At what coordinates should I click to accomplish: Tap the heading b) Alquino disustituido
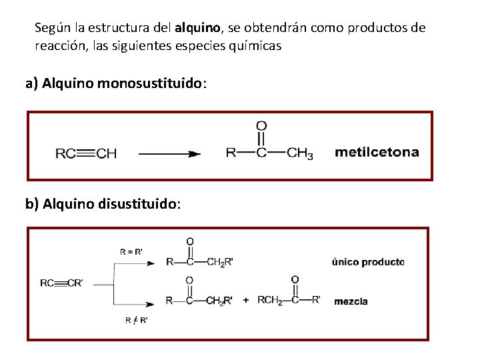pyautogui.click(x=102, y=203)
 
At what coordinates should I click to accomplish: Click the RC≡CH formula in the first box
pyautogui.click(x=86, y=154)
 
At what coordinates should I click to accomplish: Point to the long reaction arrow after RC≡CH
pyautogui.click(x=169, y=154)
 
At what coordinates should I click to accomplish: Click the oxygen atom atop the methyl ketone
pyautogui.click(x=261, y=126)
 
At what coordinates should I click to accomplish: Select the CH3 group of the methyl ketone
pyautogui.click(x=300, y=154)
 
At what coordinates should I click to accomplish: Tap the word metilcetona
pyautogui.click(x=377, y=152)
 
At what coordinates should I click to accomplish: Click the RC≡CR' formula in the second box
pyautogui.click(x=62, y=283)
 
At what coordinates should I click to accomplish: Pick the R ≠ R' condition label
pyautogui.click(x=137, y=320)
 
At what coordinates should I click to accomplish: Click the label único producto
pyautogui.click(x=368, y=262)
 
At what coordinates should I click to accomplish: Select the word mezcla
pyautogui.click(x=351, y=301)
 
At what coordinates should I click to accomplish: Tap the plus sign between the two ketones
pyautogui.click(x=246, y=301)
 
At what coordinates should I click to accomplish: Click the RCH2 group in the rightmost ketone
pyautogui.click(x=269, y=300)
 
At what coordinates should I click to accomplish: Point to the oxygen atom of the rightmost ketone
pyautogui.click(x=295, y=279)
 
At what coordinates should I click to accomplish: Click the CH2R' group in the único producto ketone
pyautogui.click(x=219, y=262)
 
